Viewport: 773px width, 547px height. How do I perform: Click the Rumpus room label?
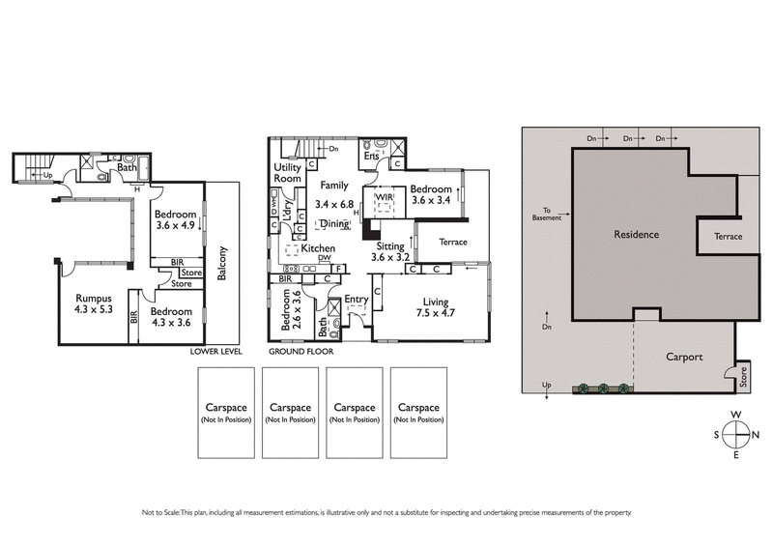(95, 303)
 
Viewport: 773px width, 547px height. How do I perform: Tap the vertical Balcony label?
(223, 264)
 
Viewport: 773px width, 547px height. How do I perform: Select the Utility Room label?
(288, 173)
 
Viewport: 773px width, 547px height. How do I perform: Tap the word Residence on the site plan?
(636, 234)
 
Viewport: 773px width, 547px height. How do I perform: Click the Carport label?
(684, 357)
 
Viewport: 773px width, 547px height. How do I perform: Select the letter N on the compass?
(756, 434)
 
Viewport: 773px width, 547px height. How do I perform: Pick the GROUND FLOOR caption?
(296, 352)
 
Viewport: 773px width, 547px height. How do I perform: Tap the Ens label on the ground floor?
(370, 155)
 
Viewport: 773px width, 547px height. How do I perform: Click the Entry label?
(356, 300)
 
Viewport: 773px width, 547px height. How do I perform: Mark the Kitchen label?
(318, 248)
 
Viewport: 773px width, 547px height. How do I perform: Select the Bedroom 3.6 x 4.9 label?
(176, 220)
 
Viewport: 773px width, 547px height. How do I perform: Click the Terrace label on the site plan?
(728, 236)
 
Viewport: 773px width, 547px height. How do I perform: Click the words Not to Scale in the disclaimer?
(161, 512)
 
